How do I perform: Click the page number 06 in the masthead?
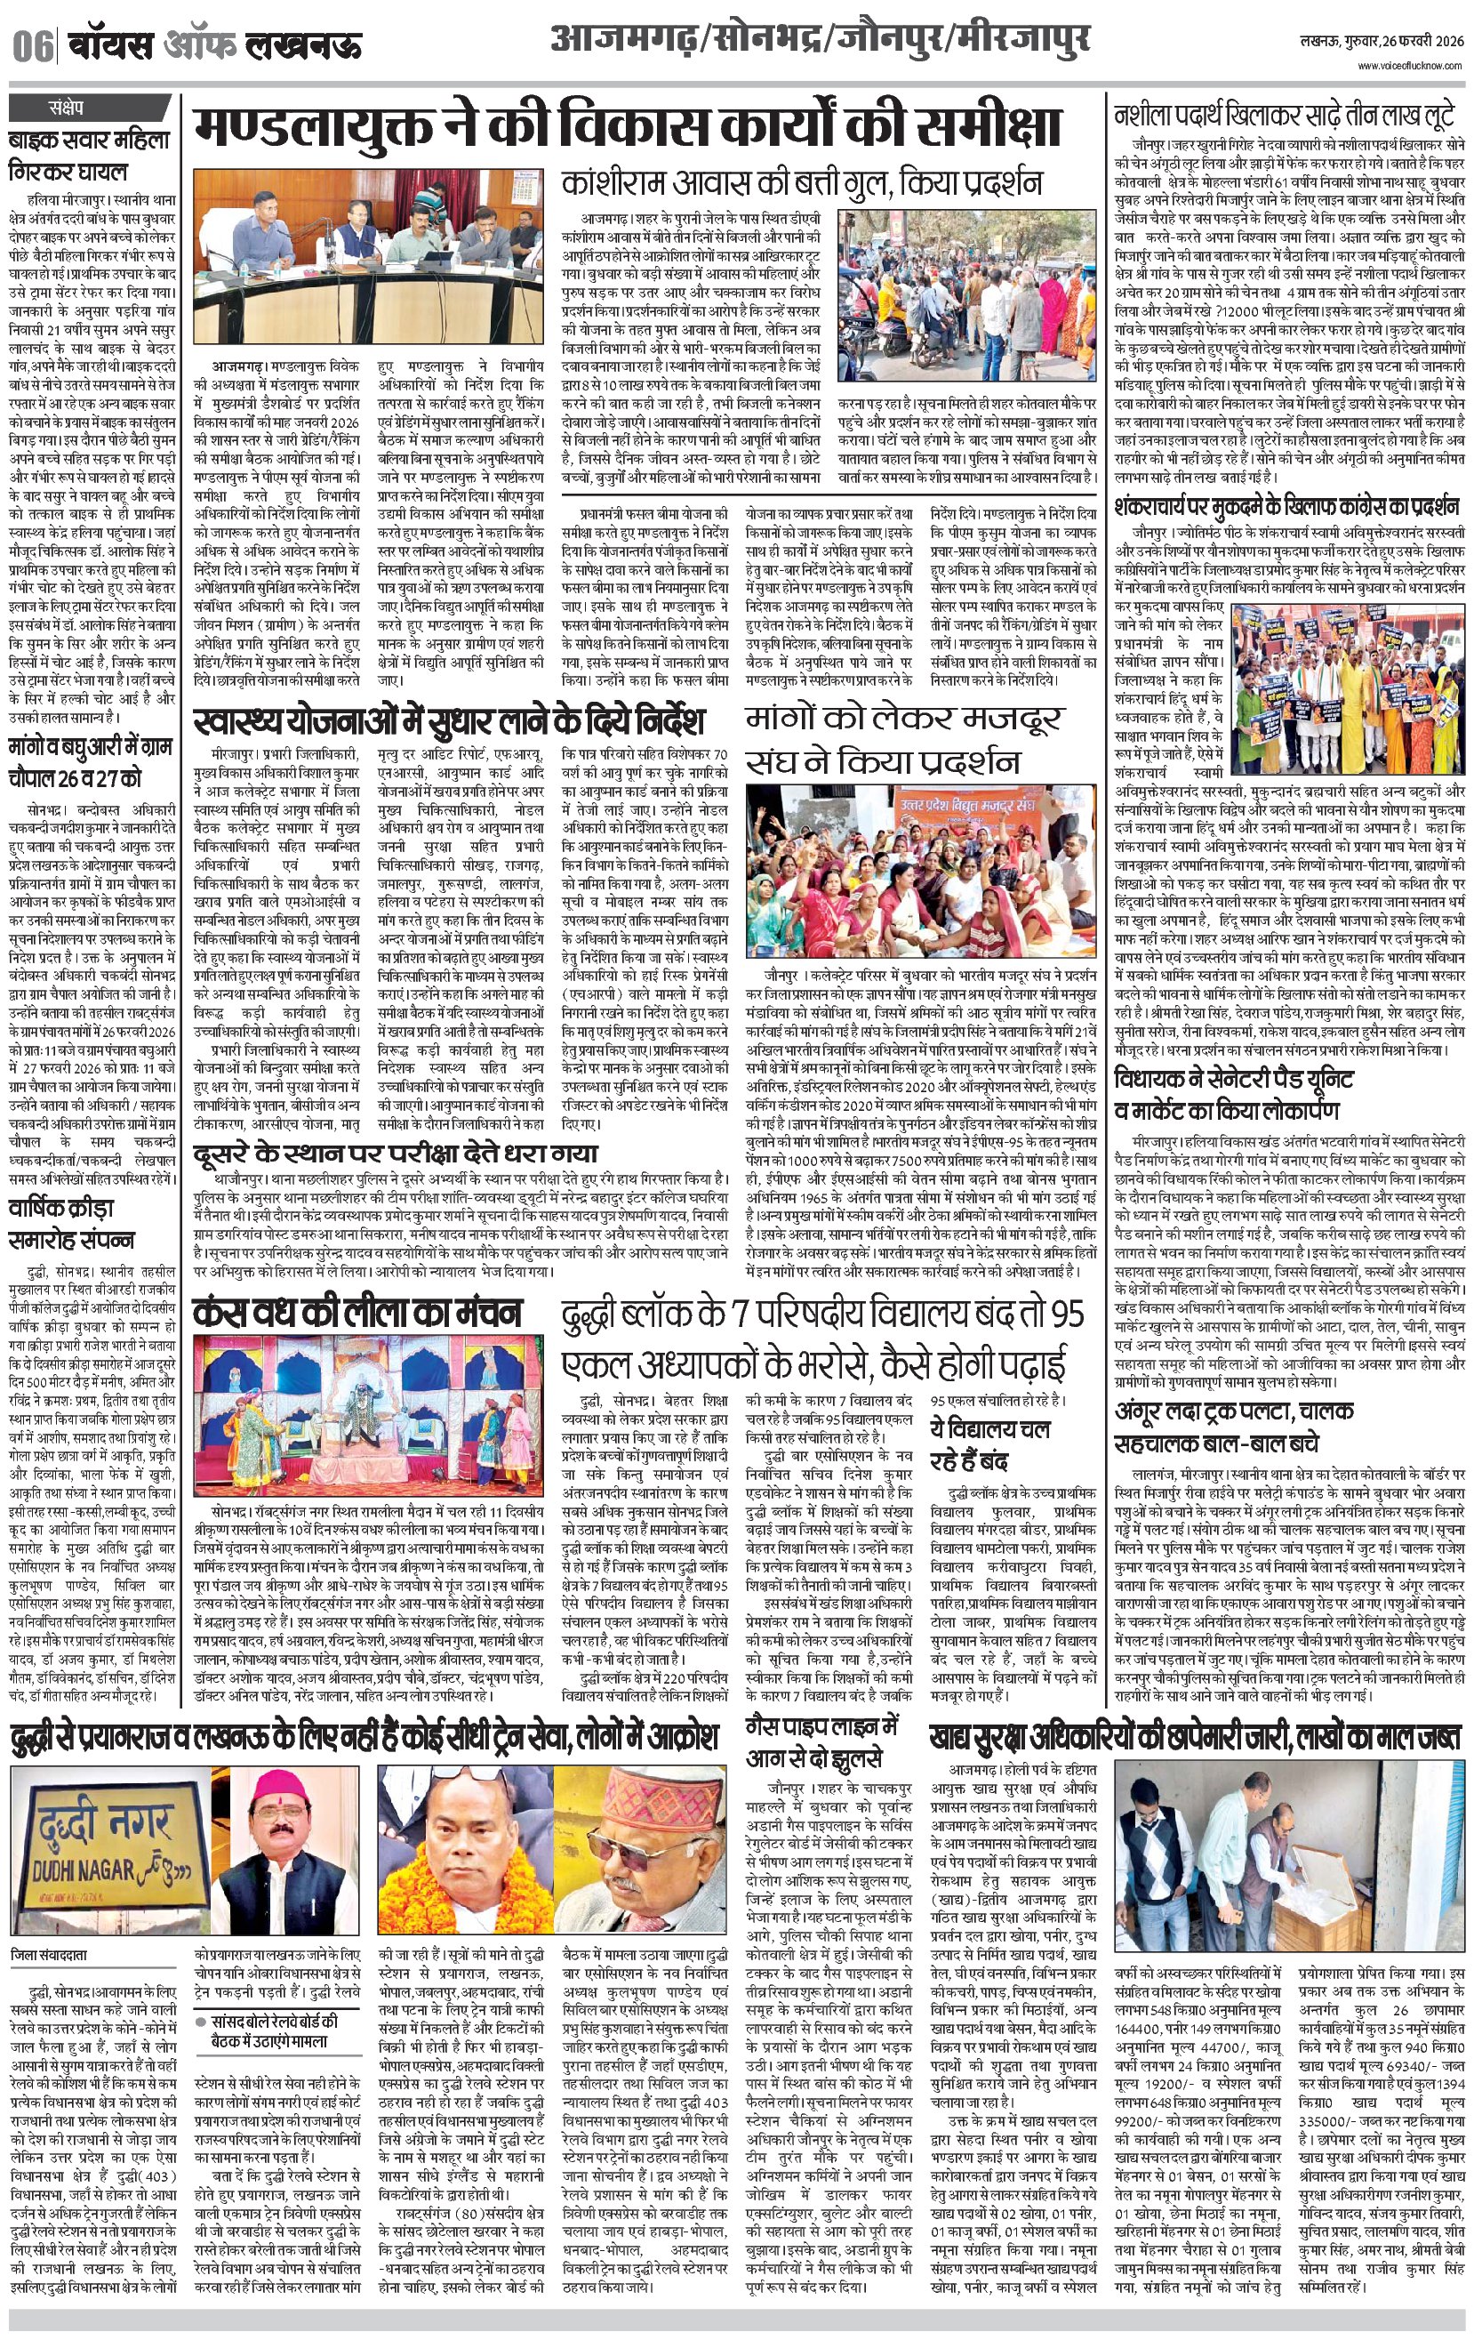(32, 45)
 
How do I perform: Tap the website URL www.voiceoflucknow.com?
(1410, 65)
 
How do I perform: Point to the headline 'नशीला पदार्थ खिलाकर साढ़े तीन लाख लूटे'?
(1284, 117)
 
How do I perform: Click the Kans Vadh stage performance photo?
(368, 1416)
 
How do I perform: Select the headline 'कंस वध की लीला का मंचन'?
(356, 1313)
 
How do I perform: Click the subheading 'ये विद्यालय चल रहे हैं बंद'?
(989, 1444)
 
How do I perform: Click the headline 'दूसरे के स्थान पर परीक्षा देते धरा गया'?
(395, 1153)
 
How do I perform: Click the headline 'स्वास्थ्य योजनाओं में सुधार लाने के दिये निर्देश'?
(448, 723)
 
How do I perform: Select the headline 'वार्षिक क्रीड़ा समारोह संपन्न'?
(72, 1225)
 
